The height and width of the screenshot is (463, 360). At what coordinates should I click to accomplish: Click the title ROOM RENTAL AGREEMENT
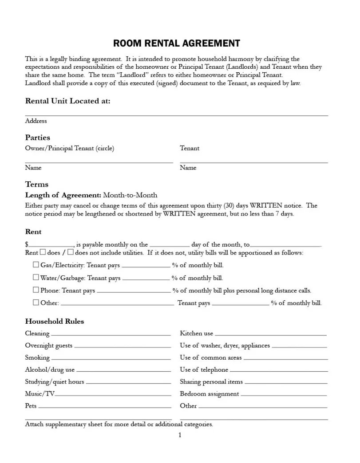click(x=177, y=43)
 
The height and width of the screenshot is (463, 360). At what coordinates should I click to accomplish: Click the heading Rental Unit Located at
click(x=67, y=101)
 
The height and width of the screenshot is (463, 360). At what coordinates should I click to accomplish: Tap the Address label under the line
click(x=36, y=121)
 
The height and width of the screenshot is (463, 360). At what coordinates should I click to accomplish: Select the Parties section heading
click(x=38, y=137)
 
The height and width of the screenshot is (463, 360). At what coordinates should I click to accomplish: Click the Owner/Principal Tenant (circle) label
click(x=69, y=149)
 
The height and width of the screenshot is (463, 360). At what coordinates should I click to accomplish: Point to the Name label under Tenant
click(x=188, y=168)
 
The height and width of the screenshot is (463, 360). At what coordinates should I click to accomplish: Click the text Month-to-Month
click(x=130, y=195)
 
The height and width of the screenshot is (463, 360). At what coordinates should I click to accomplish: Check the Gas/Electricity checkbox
click(x=36, y=265)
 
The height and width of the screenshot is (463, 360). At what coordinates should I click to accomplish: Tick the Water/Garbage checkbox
click(x=36, y=277)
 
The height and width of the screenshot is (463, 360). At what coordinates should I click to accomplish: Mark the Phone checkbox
click(x=36, y=290)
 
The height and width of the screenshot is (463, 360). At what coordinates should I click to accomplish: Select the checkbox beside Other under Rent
click(x=36, y=302)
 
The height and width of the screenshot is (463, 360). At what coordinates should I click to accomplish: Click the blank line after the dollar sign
click(x=51, y=245)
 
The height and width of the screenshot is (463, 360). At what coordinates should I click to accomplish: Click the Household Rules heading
click(x=55, y=322)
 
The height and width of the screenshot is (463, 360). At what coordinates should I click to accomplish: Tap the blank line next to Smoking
click(x=111, y=359)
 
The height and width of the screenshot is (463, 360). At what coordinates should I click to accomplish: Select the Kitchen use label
click(x=196, y=334)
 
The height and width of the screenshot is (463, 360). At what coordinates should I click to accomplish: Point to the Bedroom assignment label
click(x=209, y=394)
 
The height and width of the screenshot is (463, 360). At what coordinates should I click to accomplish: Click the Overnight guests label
click(x=48, y=345)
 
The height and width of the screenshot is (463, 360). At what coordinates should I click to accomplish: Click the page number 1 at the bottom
click(x=180, y=435)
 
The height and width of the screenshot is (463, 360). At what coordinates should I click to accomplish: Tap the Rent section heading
click(x=33, y=232)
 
